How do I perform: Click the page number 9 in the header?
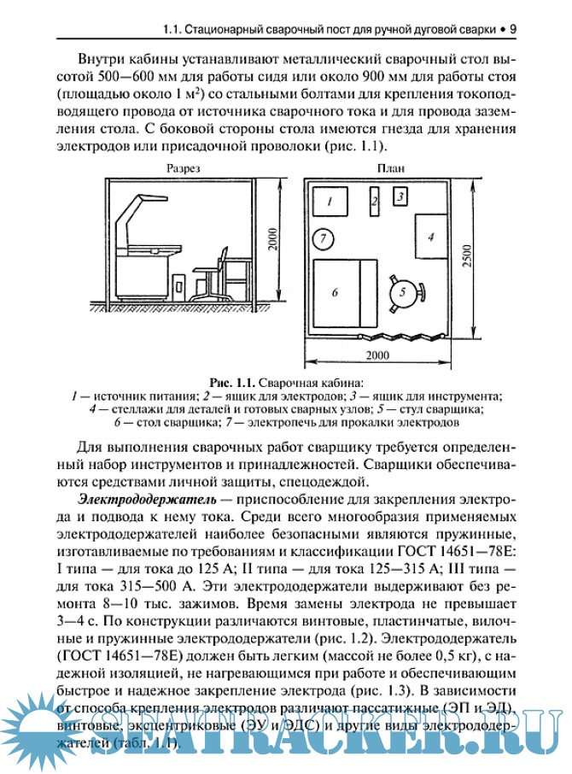[x=511, y=29]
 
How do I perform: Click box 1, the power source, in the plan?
[x=328, y=202]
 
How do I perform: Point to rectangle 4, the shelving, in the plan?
[x=431, y=235]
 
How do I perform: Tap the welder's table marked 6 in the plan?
[x=336, y=292]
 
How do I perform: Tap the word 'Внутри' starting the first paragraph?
[x=101, y=61]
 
